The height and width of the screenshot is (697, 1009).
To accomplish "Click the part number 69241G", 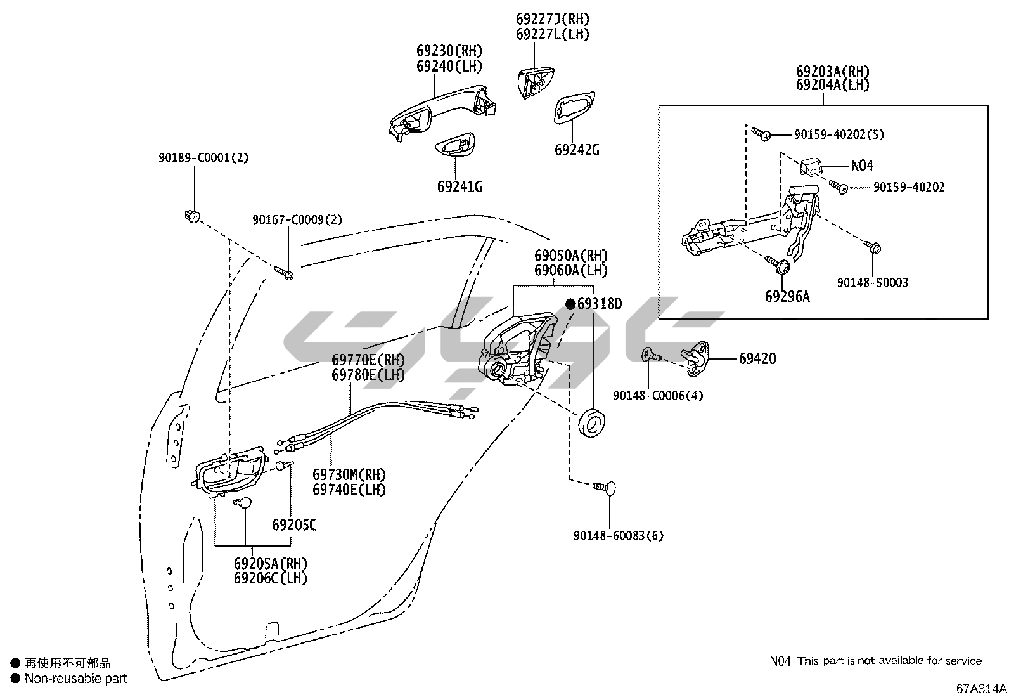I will pyautogui.click(x=460, y=186).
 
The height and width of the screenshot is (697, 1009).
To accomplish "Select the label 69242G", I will pyautogui.click(x=577, y=150).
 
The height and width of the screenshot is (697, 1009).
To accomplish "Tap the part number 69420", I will pyautogui.click(x=757, y=358).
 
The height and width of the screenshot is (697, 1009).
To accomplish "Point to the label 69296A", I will pyautogui.click(x=787, y=296).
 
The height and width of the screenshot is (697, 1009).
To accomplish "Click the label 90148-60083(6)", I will pyautogui.click(x=618, y=536).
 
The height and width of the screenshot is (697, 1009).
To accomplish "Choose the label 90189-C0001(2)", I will pyautogui.click(x=203, y=157).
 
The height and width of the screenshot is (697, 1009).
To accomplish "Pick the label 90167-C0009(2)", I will pyautogui.click(x=297, y=219).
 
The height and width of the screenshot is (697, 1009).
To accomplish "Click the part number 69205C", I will pyautogui.click(x=294, y=525).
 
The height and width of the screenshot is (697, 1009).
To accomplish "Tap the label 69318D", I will pyautogui.click(x=599, y=304).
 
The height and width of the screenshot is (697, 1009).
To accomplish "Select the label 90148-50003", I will pyautogui.click(x=872, y=283).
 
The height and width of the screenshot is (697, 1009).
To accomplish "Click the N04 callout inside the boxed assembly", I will pyautogui.click(x=862, y=166).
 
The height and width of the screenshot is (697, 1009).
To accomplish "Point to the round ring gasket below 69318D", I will pyautogui.click(x=594, y=423).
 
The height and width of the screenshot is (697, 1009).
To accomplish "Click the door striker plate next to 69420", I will pyautogui.click(x=696, y=358).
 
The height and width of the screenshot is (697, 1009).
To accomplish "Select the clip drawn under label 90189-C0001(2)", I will pyautogui.click(x=191, y=216).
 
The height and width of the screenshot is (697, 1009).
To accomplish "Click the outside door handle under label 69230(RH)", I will pyautogui.click(x=437, y=110).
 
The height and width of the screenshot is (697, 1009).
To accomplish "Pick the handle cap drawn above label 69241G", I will pyautogui.click(x=454, y=146).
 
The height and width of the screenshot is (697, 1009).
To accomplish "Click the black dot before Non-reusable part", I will pyautogui.click(x=14, y=679).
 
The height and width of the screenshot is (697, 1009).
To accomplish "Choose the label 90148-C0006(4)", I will pyautogui.click(x=658, y=396).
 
